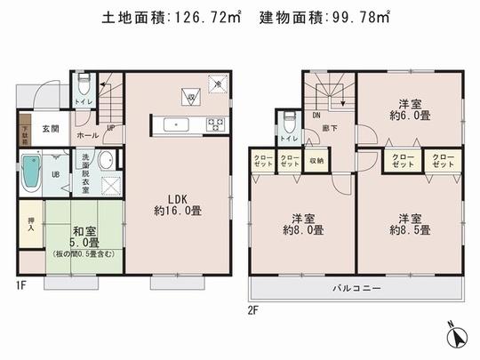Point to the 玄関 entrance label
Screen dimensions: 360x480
click(x=52, y=129)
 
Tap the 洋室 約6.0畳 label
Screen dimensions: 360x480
click(x=410, y=108)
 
